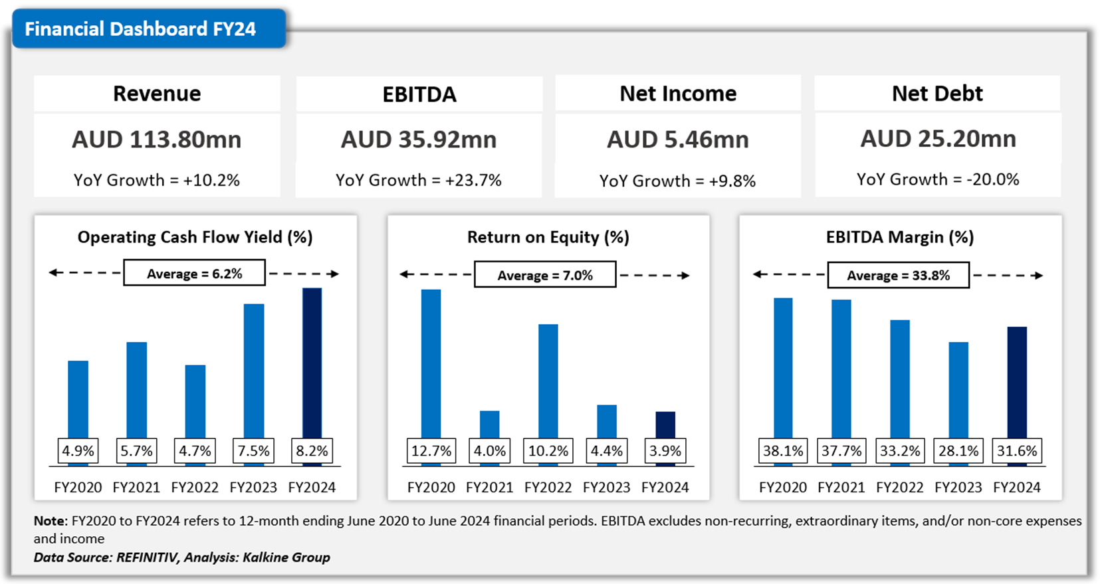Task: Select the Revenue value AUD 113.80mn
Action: pyautogui.click(x=157, y=140)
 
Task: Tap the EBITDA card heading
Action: pyautogui.click(x=419, y=94)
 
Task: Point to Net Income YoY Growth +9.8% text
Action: pyautogui.click(x=677, y=181)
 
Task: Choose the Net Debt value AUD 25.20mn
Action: pyautogui.click(x=938, y=139)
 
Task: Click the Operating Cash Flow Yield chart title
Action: pyautogui.click(x=195, y=237)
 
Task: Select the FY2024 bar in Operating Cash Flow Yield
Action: pyautogui.click(x=312, y=362)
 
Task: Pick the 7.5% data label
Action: pyautogui.click(x=253, y=451)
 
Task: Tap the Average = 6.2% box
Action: pyautogui.click(x=194, y=274)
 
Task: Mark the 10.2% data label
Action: pyautogui.click(x=548, y=451)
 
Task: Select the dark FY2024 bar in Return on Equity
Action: pyautogui.click(x=665, y=425)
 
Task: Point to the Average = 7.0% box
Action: pyautogui.click(x=545, y=275)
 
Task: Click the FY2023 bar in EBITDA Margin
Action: pyautogui.click(x=958, y=389)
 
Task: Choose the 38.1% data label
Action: pyautogui.click(x=782, y=451)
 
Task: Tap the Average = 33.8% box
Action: pyautogui.click(x=898, y=275)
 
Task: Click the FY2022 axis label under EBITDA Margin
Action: pyautogui.click(x=899, y=487)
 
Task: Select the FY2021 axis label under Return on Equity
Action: pyautogui.click(x=489, y=487)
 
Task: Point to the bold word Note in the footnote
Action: pyautogui.click(x=49, y=521)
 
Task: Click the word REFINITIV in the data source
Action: pyautogui.click(x=146, y=557)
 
